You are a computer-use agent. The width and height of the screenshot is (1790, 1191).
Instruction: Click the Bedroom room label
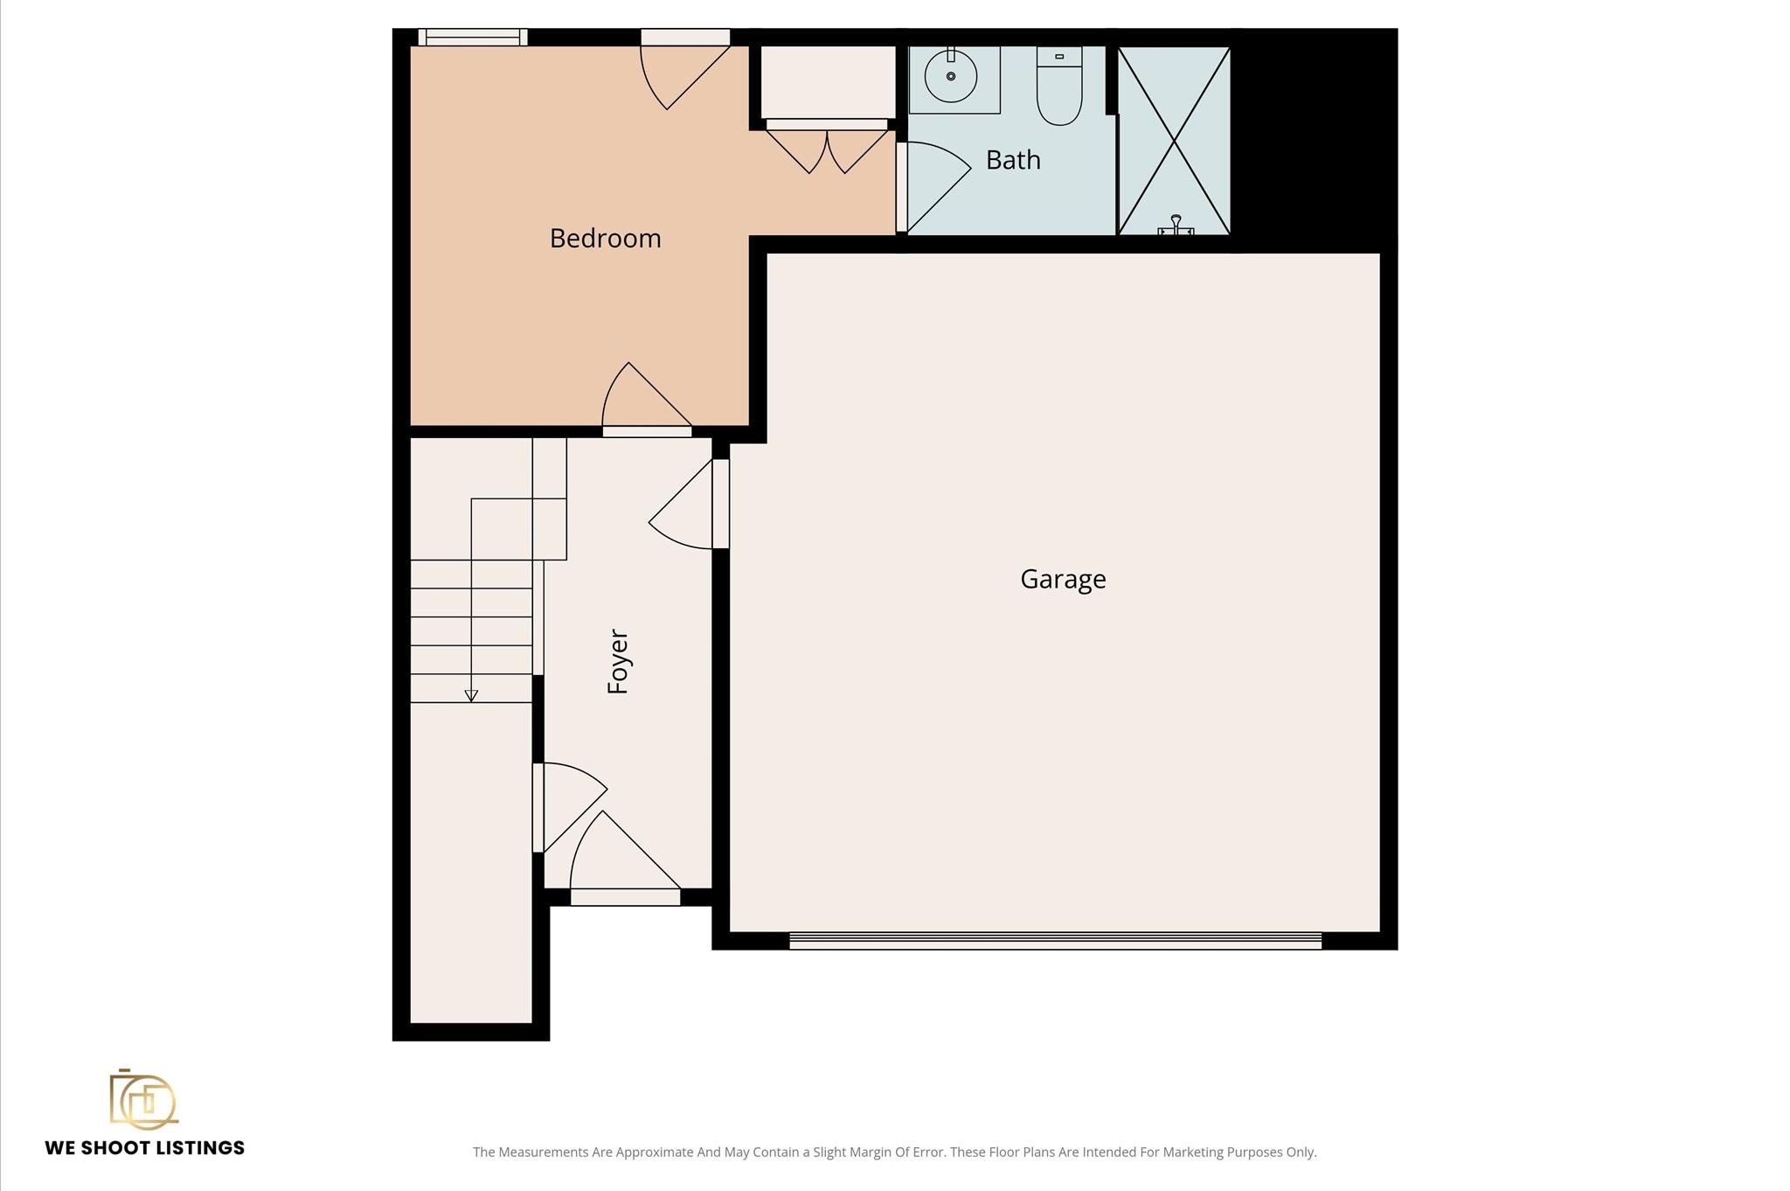(605, 239)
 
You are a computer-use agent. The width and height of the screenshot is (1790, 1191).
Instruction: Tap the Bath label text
(1013, 160)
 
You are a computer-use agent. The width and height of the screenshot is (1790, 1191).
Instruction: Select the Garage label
(1063, 579)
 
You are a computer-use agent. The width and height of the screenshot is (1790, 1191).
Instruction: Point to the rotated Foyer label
(618, 661)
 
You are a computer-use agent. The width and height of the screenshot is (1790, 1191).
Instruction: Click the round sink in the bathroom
(951, 76)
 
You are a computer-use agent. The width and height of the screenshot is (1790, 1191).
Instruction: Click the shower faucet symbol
(1176, 226)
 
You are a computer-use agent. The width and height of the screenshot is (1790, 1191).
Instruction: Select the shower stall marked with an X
(1174, 141)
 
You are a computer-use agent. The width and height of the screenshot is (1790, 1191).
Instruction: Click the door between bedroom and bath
(933, 187)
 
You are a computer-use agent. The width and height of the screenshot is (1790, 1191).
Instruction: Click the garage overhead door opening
(1055, 941)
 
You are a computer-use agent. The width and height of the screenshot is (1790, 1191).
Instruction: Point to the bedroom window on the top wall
(473, 37)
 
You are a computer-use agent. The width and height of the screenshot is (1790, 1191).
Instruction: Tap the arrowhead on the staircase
(471, 696)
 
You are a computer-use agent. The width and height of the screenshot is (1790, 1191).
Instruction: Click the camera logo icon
(143, 1099)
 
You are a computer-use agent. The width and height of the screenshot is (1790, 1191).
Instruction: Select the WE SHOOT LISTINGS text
(145, 1148)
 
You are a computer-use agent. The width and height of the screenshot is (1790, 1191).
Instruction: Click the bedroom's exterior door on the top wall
(685, 69)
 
